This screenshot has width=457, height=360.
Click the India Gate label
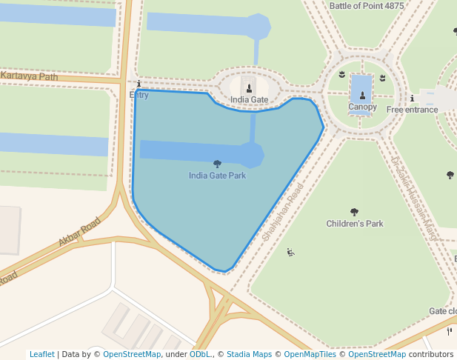tap(249, 99)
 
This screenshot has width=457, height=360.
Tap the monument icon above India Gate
tap(249, 87)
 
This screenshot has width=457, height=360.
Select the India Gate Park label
tap(217, 176)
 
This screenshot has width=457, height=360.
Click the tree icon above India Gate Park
tap(217, 164)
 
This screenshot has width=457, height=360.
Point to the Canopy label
tap(362, 107)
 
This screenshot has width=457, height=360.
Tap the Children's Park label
tap(355, 224)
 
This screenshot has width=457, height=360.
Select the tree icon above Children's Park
tap(354, 212)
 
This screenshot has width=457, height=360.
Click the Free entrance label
tap(412, 110)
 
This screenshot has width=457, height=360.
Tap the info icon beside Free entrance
tap(412, 99)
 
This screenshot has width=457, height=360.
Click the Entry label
tap(139, 95)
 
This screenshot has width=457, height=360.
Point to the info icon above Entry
tap(139, 84)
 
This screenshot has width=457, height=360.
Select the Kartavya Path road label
tap(30, 76)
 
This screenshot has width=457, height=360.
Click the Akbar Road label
tap(79, 232)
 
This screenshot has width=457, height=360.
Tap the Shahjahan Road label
tap(283, 216)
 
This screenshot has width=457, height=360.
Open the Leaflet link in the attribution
tap(41, 354)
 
